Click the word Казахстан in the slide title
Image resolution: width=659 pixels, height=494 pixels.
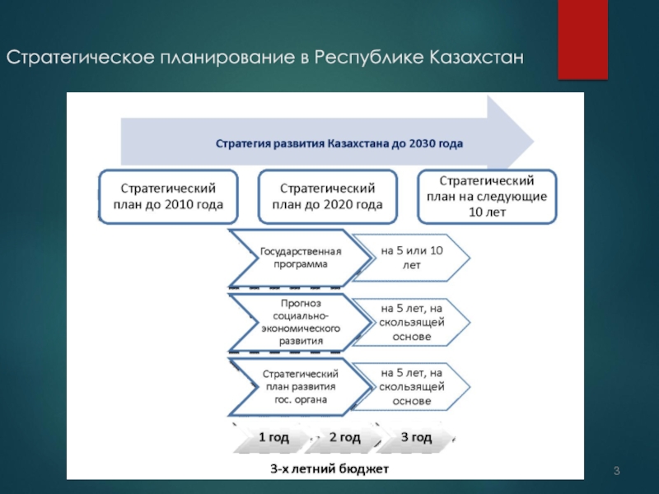(475, 59)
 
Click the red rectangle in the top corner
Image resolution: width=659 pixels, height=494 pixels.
(582, 40)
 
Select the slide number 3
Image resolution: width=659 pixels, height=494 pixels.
(616, 470)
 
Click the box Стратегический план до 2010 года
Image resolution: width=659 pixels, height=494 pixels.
(168, 197)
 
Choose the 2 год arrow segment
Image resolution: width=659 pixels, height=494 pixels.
(344, 437)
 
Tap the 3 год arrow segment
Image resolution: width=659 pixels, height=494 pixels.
(416, 437)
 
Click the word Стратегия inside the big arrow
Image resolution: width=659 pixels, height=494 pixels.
(243, 143)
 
